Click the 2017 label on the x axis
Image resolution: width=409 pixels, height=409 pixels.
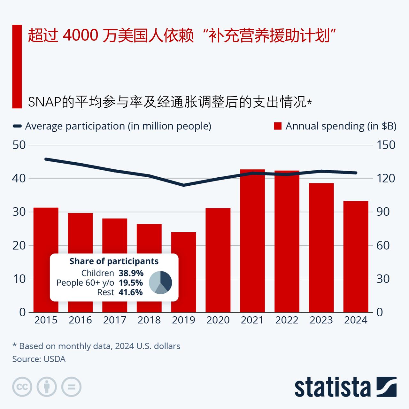(x=115, y=320)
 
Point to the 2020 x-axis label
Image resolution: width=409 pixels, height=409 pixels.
(x=218, y=320)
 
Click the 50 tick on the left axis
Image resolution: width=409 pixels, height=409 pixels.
(x=19, y=145)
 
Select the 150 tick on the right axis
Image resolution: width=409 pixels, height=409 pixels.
(x=386, y=145)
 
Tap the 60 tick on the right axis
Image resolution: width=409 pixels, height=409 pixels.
(x=383, y=245)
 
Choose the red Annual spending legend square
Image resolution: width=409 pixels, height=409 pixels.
(x=278, y=126)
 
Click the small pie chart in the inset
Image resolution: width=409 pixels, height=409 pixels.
(x=160, y=282)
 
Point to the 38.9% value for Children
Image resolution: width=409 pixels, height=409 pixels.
(x=131, y=273)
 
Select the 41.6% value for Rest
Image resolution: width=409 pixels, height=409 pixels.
(x=131, y=292)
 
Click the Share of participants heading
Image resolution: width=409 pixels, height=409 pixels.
(x=114, y=261)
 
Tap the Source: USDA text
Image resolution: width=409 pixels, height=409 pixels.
(x=39, y=359)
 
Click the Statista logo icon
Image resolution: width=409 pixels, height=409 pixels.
(x=386, y=387)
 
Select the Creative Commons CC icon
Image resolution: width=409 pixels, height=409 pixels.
(x=22, y=387)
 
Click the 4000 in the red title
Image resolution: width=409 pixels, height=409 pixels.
(x=80, y=35)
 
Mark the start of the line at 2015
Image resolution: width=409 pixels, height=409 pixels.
(x=46, y=159)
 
